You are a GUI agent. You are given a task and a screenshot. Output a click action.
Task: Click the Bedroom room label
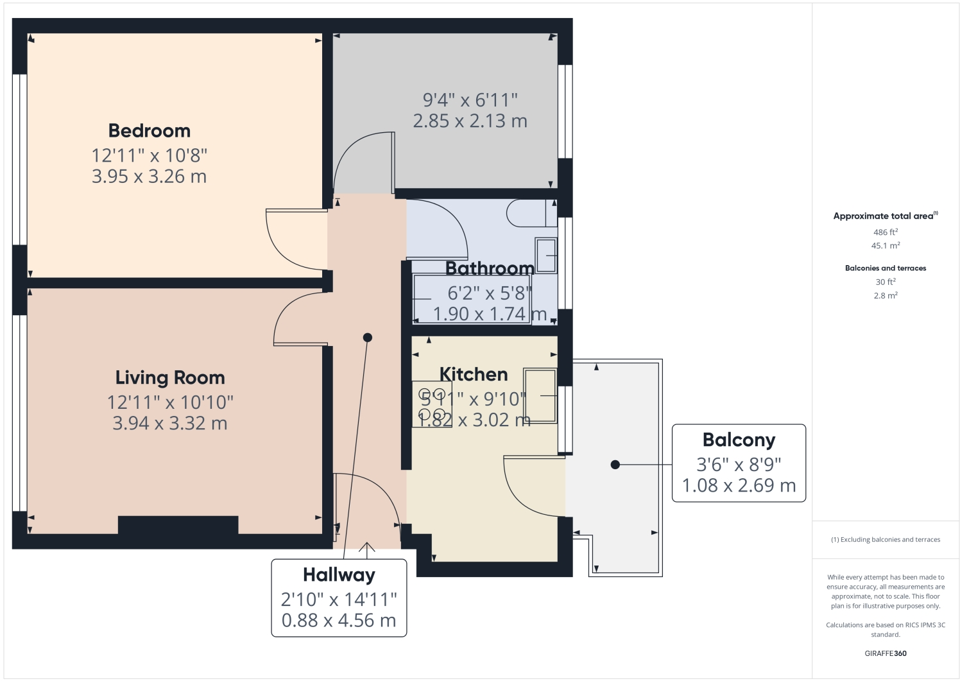(149, 131)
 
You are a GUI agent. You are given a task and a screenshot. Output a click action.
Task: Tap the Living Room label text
(170, 377)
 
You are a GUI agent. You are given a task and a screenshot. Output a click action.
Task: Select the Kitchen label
(474, 374)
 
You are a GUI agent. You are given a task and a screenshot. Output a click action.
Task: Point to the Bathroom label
(490, 268)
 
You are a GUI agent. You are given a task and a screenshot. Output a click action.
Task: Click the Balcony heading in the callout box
(739, 440)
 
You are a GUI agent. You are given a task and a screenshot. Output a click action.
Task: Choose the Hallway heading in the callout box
(339, 574)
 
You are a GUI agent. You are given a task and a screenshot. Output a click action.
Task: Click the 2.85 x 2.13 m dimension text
(470, 121)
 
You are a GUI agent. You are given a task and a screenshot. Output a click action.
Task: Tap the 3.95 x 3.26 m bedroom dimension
(149, 177)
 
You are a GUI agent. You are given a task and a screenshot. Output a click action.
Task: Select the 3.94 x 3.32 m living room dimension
(170, 423)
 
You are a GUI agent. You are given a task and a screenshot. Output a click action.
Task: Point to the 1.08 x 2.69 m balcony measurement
(739, 485)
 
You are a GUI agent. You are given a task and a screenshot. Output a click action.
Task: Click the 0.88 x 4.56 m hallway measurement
(339, 620)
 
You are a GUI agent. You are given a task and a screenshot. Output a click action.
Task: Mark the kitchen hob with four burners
(432, 404)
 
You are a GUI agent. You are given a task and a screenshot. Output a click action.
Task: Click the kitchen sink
(540, 395)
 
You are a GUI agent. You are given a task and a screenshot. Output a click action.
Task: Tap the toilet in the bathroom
(531, 213)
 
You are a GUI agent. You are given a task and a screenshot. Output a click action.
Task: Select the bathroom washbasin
(546, 255)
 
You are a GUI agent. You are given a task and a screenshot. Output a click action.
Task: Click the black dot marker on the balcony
(615, 465)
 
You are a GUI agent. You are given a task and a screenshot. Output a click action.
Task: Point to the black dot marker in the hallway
(368, 338)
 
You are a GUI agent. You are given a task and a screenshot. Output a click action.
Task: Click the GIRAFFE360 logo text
(886, 653)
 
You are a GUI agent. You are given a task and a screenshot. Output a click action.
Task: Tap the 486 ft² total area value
(886, 232)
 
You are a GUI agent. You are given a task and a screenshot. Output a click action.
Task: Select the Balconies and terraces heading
(886, 268)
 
